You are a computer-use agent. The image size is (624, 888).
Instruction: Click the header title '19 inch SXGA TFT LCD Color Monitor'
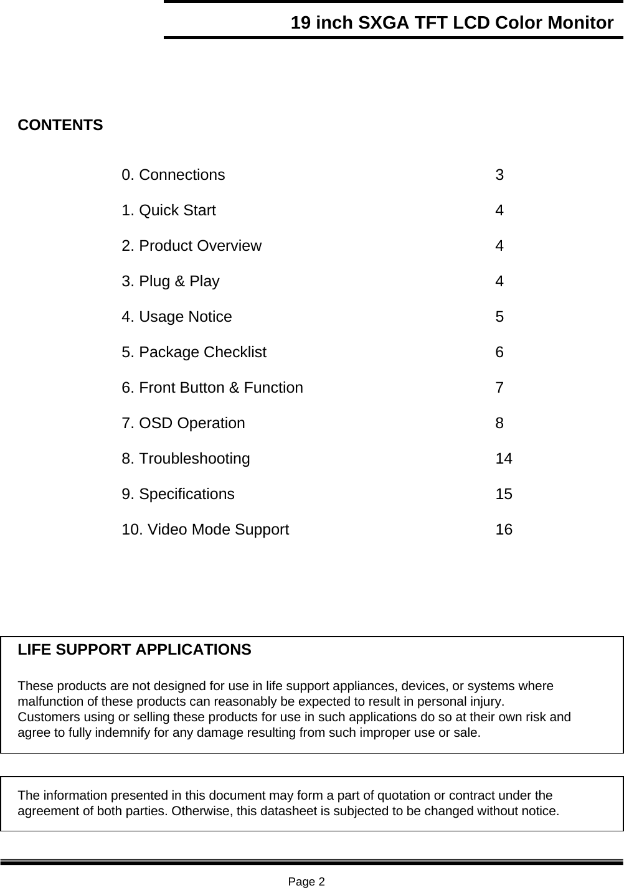451,23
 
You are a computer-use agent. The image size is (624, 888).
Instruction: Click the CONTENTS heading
60,125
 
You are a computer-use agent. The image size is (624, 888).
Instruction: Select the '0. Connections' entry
173,175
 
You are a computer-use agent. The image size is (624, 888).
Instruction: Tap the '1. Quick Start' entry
169,210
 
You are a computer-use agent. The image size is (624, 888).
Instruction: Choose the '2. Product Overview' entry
191,246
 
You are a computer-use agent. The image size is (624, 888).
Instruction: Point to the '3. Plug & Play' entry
171,281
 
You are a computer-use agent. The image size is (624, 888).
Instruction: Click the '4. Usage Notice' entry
177,317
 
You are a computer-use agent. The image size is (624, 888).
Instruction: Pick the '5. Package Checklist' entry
194,352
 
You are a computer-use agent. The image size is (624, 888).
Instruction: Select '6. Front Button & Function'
212,388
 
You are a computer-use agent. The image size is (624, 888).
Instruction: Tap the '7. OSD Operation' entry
183,423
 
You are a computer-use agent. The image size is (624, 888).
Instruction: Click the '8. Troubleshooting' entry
186,459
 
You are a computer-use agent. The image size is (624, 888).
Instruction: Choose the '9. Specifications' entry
178,494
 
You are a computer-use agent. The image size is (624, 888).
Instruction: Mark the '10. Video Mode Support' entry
205,530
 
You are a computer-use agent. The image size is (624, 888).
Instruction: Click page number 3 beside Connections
499,175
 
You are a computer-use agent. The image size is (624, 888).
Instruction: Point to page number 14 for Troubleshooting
504,459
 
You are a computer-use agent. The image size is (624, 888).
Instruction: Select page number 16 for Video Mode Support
504,530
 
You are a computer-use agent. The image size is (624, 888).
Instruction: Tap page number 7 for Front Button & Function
499,388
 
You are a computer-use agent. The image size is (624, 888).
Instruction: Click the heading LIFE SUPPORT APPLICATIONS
135,650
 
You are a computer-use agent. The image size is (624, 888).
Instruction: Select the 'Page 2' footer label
306,881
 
